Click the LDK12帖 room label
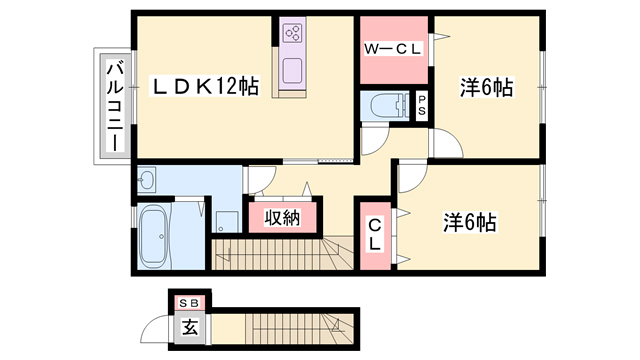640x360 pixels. [205, 87]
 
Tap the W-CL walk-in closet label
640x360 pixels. [392, 49]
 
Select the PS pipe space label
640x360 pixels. [422, 105]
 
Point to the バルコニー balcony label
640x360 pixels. [115, 106]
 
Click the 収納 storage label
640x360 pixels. [282, 218]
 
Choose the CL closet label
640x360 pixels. [375, 234]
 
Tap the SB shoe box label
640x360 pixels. [189, 303]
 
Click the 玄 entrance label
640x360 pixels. [190, 327]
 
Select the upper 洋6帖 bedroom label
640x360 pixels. [487, 87]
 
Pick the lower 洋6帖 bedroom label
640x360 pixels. [470, 222]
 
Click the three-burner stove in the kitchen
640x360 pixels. [293, 33]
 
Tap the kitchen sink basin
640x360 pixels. [293, 70]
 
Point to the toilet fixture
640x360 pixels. [389, 106]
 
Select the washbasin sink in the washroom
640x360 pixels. [146, 178]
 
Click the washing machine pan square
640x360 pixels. [227, 222]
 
